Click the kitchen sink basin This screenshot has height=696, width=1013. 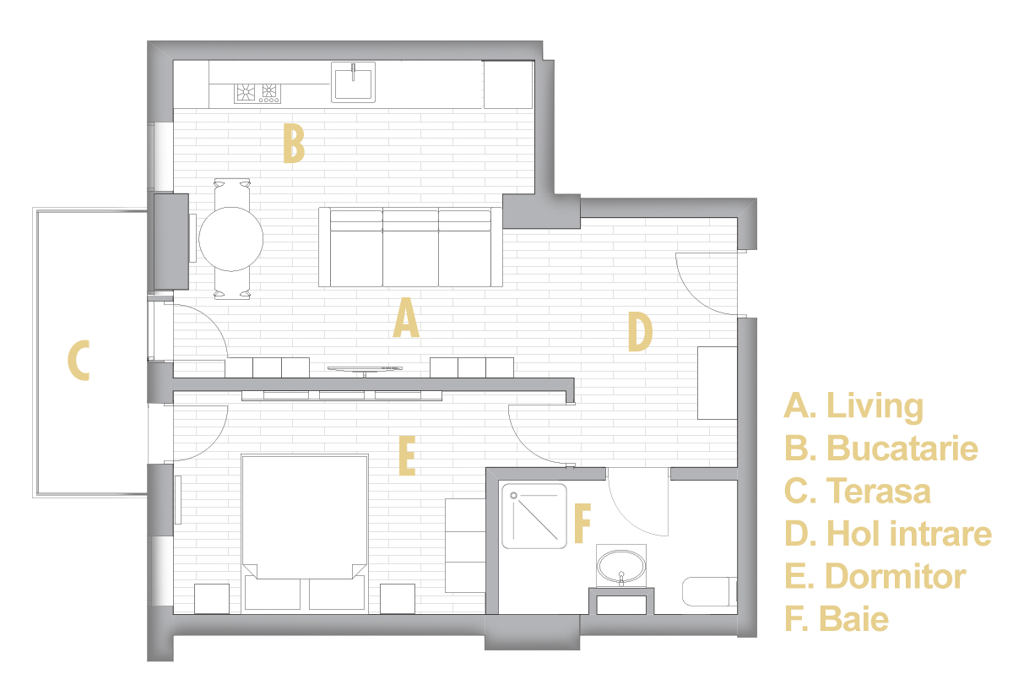[353, 83]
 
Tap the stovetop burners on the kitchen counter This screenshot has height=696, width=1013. [257, 93]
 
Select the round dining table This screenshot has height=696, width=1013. [231, 239]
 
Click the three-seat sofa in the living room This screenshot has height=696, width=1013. [410, 247]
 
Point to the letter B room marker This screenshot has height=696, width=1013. [294, 144]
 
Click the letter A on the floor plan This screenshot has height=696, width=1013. [406, 318]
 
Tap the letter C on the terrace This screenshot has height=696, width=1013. [79, 361]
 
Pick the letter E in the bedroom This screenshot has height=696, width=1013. [407, 456]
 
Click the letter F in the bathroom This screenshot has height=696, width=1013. [582, 524]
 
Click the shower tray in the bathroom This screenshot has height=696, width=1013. [534, 516]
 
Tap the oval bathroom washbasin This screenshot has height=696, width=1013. [621, 566]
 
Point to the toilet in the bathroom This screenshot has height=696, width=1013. [710, 591]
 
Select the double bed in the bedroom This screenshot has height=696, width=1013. [305, 534]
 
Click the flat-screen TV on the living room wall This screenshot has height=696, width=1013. [365, 370]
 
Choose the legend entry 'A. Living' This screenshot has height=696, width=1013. [853, 406]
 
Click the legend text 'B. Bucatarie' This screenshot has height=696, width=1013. [881, 449]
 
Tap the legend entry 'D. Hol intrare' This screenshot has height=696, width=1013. [888, 534]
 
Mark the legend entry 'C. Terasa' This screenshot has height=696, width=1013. [858, 491]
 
